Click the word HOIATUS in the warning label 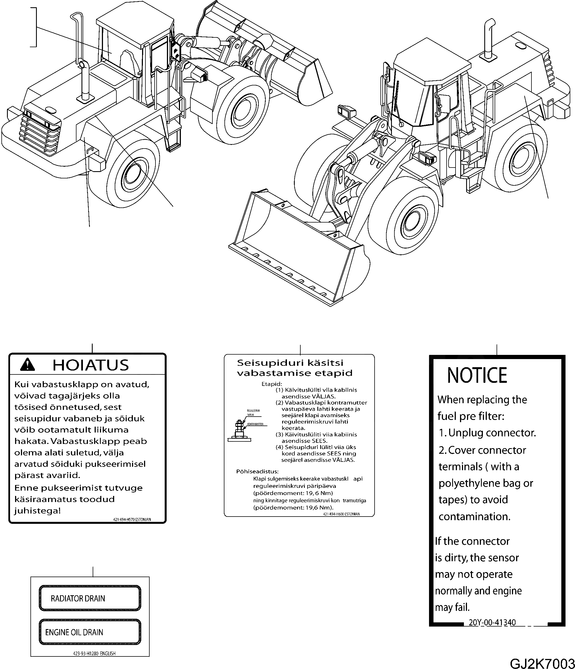tap(90, 365)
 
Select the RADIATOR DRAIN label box tap(90, 598)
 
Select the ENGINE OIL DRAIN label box tap(90, 632)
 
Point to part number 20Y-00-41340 tap(492, 622)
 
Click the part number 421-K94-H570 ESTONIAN tap(132, 520)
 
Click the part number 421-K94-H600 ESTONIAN tap(341, 514)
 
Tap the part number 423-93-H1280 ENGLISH tap(94, 653)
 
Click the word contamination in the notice tap(474, 516)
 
